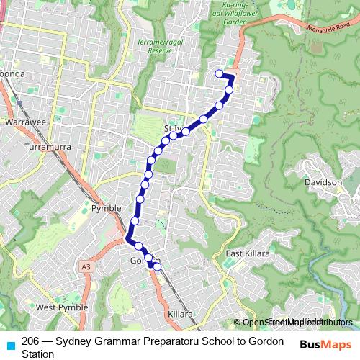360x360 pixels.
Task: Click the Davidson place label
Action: tap(323, 183)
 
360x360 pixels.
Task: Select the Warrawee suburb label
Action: tap(25, 123)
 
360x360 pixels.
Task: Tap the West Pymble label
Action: tap(61, 307)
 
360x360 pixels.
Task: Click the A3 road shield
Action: tap(86, 267)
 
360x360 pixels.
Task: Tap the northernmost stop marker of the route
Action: tap(219, 73)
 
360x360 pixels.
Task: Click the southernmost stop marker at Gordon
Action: tap(157, 267)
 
